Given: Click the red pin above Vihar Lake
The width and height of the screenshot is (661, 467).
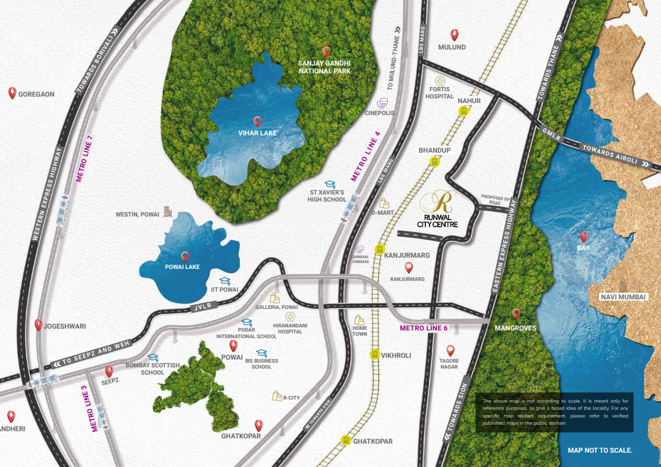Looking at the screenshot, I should (x=257, y=122).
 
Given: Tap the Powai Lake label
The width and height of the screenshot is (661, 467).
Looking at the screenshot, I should (x=182, y=267).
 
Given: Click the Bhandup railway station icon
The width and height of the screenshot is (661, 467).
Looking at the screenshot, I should (x=435, y=161).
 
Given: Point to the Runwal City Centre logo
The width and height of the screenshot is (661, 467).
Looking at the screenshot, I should (x=442, y=201).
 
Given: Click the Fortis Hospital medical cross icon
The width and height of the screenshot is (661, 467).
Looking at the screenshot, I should (x=440, y=81).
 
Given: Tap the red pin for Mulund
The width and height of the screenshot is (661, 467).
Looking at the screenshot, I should (x=454, y=35).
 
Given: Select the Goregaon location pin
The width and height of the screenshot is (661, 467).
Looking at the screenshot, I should (x=12, y=93).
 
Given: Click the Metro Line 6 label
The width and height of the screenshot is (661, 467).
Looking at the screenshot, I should (x=424, y=328).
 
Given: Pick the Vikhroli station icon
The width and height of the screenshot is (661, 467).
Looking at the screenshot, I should (x=375, y=354).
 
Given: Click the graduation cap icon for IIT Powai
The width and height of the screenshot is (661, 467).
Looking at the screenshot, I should (x=224, y=280).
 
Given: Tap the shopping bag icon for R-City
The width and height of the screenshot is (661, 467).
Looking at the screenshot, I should (x=277, y=395).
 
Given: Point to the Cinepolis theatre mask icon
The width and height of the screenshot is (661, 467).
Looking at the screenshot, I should (x=382, y=103).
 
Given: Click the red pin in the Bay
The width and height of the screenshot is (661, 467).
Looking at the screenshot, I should (x=583, y=236).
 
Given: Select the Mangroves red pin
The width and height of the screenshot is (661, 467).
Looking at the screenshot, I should (x=516, y=314).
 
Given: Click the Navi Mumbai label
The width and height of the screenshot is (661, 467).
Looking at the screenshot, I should (x=623, y=297).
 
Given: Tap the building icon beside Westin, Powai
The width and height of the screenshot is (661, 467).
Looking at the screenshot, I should (x=168, y=211).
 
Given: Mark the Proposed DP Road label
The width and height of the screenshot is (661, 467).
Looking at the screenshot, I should (x=495, y=199).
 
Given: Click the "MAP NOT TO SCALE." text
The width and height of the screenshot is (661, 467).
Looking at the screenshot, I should (x=600, y=450).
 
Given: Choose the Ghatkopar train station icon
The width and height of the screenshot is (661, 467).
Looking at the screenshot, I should (x=345, y=440).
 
